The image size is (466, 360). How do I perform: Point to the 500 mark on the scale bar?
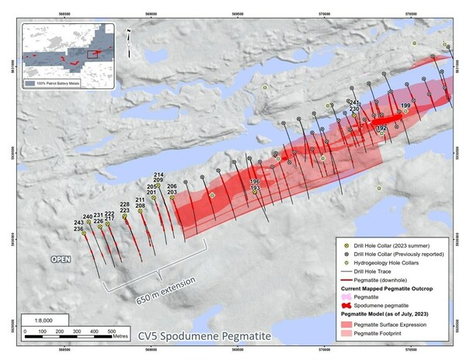(x=111, y=332)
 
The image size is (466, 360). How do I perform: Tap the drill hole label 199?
(x=405, y=106)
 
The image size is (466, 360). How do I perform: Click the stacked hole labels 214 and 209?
(x=158, y=178)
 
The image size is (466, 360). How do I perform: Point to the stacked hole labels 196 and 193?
(x=254, y=185)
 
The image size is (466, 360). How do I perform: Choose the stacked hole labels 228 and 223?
(x=124, y=207)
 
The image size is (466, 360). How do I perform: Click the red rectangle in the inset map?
(x=92, y=54)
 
